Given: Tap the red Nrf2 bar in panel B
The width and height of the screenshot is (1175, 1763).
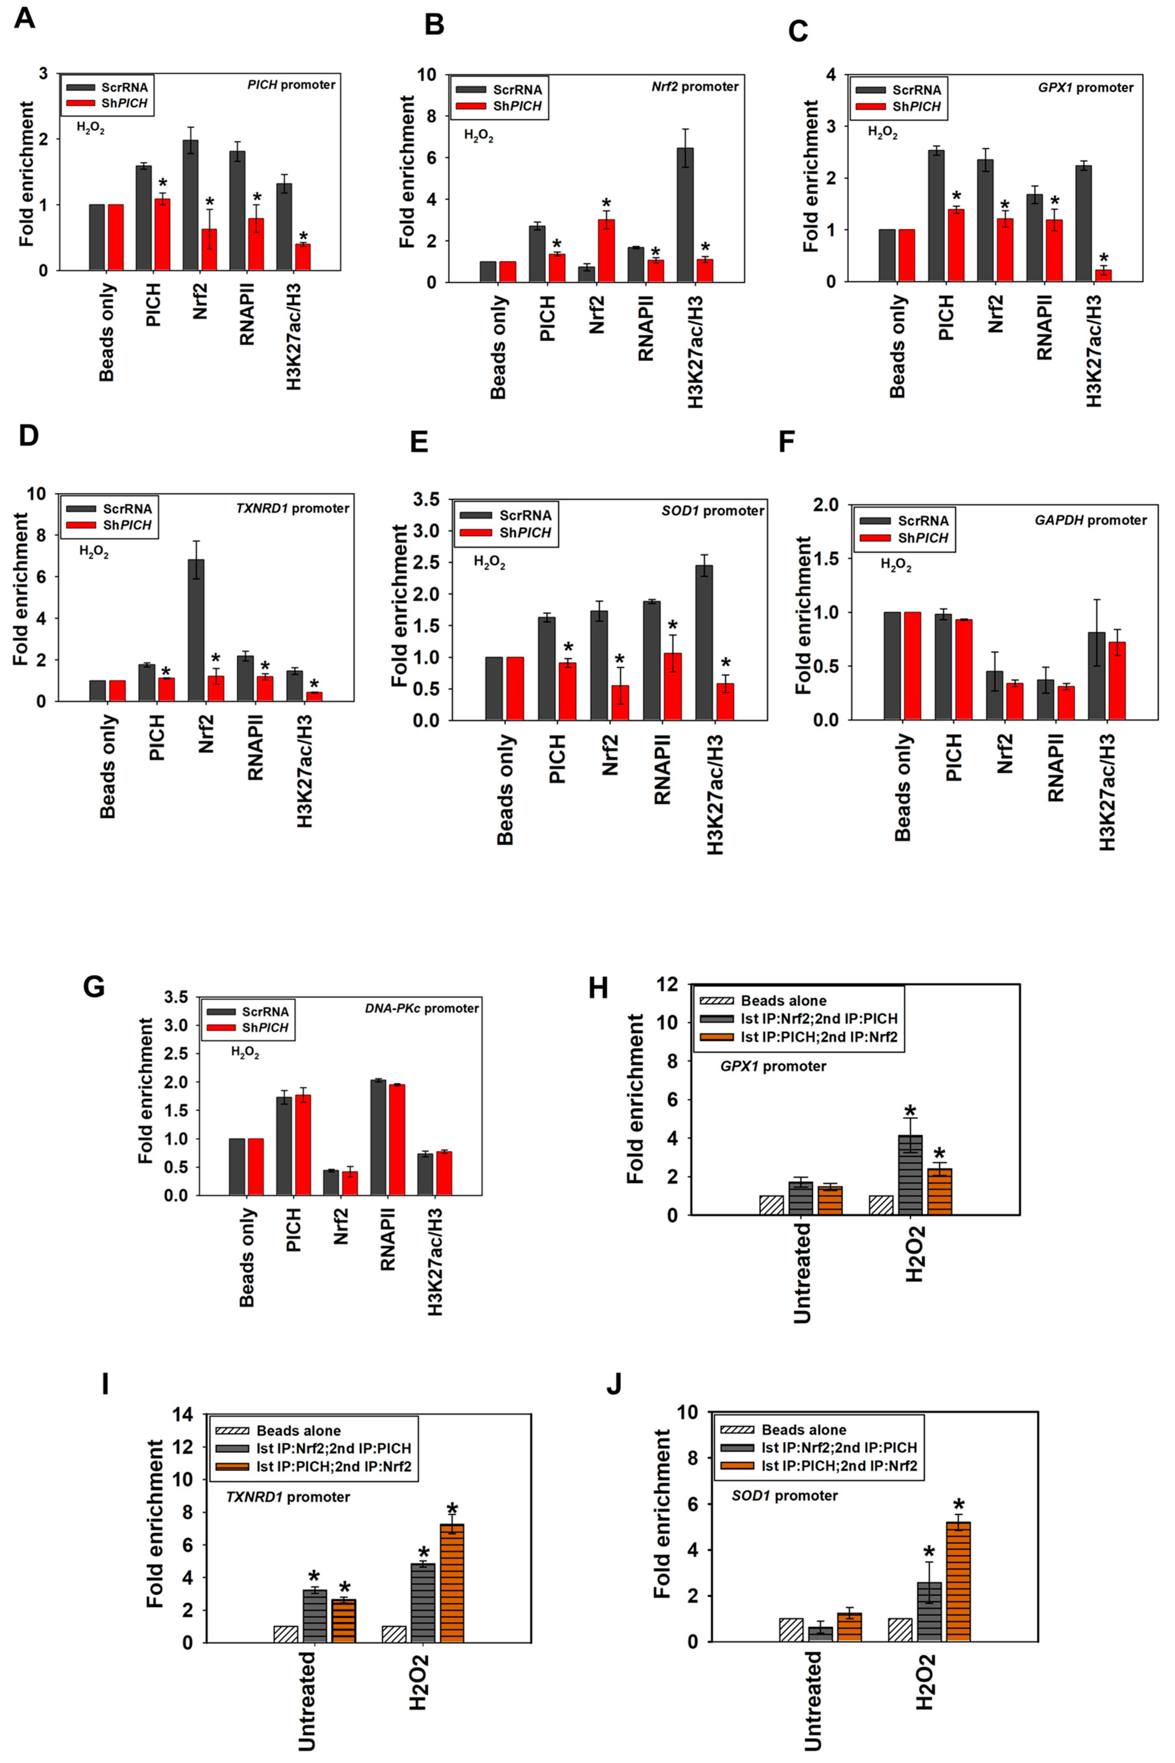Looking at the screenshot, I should pyautogui.click(x=606, y=251).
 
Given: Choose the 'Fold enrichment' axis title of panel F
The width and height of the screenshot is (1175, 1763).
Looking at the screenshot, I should pyautogui.click(x=803, y=615).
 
